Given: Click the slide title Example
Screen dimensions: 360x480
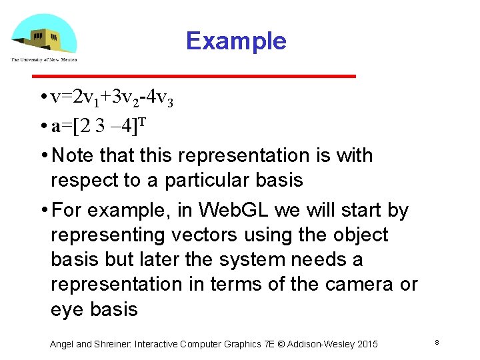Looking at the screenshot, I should pyautogui.click(x=236, y=41).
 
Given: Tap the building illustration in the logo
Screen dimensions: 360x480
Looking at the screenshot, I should pyautogui.click(x=43, y=39).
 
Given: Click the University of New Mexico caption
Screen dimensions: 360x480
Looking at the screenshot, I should pyautogui.click(x=43, y=60).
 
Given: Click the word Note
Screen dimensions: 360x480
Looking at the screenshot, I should pyautogui.click(x=73, y=156).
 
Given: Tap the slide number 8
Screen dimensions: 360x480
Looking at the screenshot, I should pyautogui.click(x=436, y=342).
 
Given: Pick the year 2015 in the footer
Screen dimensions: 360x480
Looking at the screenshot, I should pyautogui.click(x=367, y=344).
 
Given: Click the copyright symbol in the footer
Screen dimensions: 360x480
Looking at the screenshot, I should pyautogui.click(x=281, y=344).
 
